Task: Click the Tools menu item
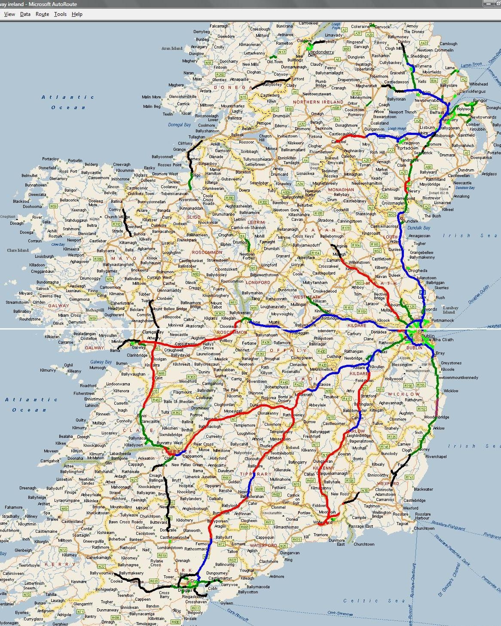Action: point(60,14)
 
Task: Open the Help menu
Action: point(77,14)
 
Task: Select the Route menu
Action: point(42,14)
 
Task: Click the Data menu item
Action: point(25,14)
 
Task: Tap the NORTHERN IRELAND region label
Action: point(318,102)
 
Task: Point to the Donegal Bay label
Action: point(179,125)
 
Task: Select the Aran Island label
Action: point(172,49)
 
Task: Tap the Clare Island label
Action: point(18,250)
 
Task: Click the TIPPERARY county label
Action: point(256,474)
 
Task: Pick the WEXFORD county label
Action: point(388,483)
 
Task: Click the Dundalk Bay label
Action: point(419,228)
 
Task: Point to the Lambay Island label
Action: point(450,310)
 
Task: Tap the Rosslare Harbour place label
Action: point(422,516)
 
